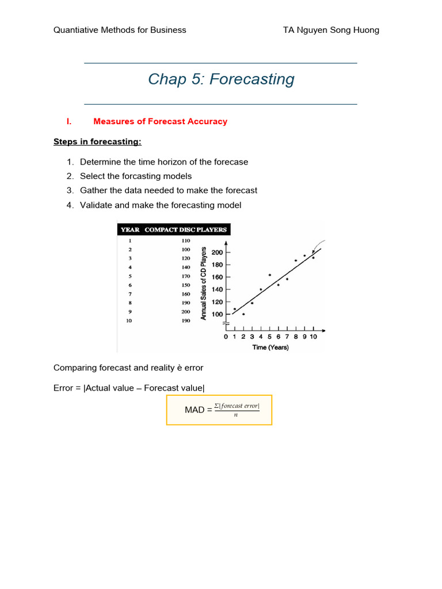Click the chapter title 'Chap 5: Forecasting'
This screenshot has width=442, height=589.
pyautogui.click(x=221, y=79)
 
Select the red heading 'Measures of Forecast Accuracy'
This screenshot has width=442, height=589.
pyautogui.click(x=160, y=121)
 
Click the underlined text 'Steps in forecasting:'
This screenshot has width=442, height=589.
pyautogui.click(x=97, y=141)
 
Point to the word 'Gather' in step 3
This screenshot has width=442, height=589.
pyautogui.click(x=93, y=190)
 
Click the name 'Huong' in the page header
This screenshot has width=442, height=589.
pyautogui.click(x=367, y=30)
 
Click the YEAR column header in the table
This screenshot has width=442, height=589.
pyautogui.click(x=130, y=230)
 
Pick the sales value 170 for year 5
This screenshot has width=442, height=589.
pyautogui.click(x=186, y=276)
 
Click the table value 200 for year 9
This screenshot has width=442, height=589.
pyautogui.click(x=186, y=311)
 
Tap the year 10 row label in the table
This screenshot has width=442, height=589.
pyautogui.click(x=129, y=320)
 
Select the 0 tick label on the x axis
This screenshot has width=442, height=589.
pyautogui.click(x=226, y=336)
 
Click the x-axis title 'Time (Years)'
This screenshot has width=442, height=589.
pyautogui.click(x=270, y=347)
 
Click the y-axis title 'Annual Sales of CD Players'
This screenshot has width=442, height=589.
pyautogui.click(x=203, y=283)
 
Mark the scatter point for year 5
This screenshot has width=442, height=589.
pyautogui.click(x=269, y=275)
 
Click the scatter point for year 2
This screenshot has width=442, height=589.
pyautogui.click(x=243, y=314)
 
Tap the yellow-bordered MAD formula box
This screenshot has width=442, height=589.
pyautogui.click(x=219, y=410)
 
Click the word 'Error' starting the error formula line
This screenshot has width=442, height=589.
pyautogui.click(x=64, y=388)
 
